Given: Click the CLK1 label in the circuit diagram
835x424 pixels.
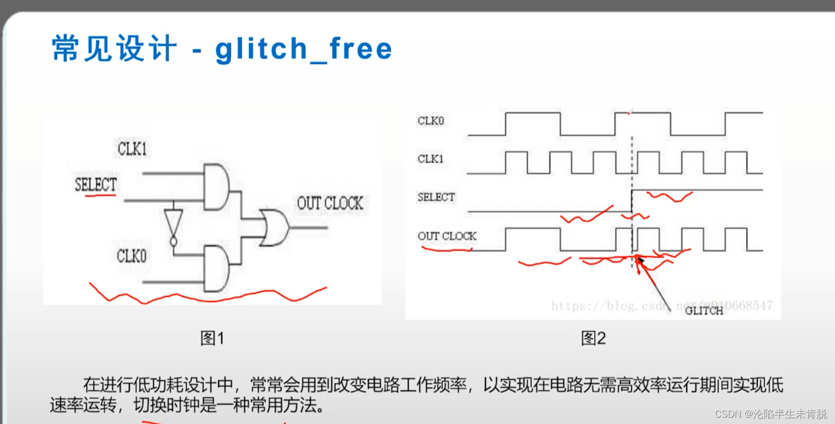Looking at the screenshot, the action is [x=132, y=149].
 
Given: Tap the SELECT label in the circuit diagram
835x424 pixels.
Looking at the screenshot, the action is [x=96, y=184].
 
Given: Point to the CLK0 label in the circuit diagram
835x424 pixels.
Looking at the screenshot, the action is [x=131, y=256].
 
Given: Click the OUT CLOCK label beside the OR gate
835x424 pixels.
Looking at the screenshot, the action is [x=330, y=203].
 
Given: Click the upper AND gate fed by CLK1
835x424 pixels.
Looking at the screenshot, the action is [x=216, y=187].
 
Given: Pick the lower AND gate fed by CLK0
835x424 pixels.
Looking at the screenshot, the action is [x=216, y=268].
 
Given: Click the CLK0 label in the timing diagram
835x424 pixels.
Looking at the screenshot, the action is [x=430, y=121].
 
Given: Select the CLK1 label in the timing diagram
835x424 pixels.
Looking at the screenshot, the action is [x=430, y=159].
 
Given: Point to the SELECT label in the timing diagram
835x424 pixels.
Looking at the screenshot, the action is [x=436, y=197].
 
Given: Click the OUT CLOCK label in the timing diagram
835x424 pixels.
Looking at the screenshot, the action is [x=447, y=236].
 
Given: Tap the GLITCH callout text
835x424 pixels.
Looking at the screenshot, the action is [x=703, y=311].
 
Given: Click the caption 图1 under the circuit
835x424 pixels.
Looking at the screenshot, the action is [x=212, y=338].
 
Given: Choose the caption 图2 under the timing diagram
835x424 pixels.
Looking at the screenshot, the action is [x=593, y=338].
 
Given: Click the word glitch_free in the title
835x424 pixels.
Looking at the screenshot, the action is [x=304, y=49].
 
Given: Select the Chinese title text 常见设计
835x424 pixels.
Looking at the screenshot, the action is [x=114, y=49].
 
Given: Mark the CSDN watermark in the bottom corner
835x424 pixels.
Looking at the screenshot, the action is [x=770, y=413].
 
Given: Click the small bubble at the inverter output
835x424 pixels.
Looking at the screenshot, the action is [x=173, y=242].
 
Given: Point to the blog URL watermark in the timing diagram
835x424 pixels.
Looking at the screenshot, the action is [x=661, y=305].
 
